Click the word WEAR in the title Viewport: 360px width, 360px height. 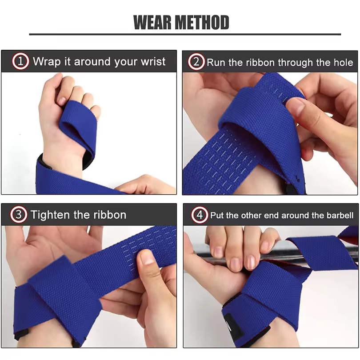coord(152,22)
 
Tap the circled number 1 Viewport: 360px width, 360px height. coord(20,61)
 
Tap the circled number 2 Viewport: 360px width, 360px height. coord(196,62)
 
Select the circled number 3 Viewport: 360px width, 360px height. coord(19,214)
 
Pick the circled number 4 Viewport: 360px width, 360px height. coord(200,215)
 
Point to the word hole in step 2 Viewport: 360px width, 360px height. coord(344,63)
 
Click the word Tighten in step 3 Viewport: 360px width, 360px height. coord(50,215)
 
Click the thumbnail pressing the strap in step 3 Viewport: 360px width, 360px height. coord(146,258)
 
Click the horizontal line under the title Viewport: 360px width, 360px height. coord(185,34)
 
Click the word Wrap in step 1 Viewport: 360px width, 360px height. coord(47,62)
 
